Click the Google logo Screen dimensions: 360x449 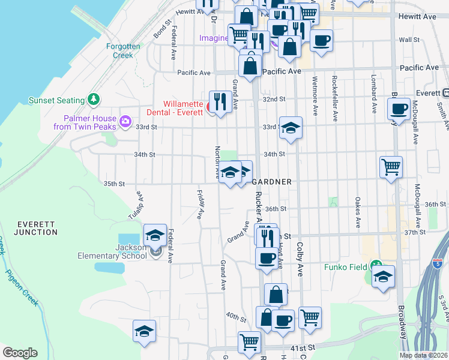tap(20, 353)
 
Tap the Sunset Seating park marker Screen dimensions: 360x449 tap(93, 98)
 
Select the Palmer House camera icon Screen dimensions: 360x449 tap(125, 122)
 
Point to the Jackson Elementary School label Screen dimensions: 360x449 tap(112, 251)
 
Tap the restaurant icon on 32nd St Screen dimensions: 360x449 tap(219, 101)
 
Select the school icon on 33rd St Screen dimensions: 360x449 tap(290, 127)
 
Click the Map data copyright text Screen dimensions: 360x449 tap(423, 355)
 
